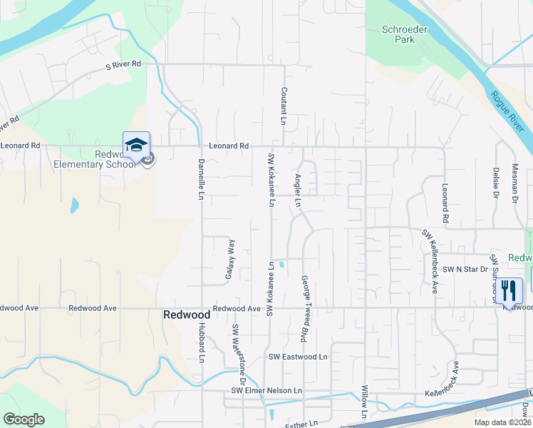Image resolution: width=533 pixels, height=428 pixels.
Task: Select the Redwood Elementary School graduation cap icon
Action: [136, 146]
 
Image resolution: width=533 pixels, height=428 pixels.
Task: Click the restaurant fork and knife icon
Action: [509, 290]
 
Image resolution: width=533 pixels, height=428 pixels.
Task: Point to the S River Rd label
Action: [123, 64]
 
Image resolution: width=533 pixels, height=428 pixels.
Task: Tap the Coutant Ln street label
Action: [284, 106]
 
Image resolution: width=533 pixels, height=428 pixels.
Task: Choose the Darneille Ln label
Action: [201, 179]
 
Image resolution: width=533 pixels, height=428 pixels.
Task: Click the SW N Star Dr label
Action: [465, 270]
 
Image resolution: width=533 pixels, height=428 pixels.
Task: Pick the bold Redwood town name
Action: [187, 315]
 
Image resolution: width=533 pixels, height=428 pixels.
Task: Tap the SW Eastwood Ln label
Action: [298, 357]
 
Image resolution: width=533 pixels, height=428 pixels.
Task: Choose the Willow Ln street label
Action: [365, 404]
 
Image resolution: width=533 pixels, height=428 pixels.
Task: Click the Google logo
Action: [24, 419]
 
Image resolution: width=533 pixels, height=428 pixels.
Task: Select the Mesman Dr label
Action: [514, 185]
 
